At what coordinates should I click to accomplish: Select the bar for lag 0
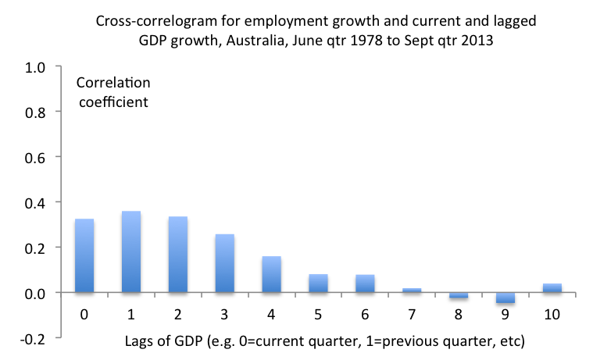(x=84, y=256)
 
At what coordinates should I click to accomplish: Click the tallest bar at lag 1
(x=130, y=252)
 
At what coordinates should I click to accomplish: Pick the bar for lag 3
(x=224, y=263)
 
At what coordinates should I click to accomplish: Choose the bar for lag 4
(x=271, y=274)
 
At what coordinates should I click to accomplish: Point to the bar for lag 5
(x=318, y=283)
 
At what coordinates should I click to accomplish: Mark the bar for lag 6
(x=365, y=283)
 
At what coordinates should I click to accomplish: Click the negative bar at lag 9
(x=505, y=298)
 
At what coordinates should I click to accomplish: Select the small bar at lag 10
(x=552, y=288)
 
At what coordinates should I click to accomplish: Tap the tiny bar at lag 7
(x=412, y=290)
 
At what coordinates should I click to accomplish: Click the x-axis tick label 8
(x=459, y=314)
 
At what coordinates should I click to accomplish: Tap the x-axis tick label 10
(x=552, y=314)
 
